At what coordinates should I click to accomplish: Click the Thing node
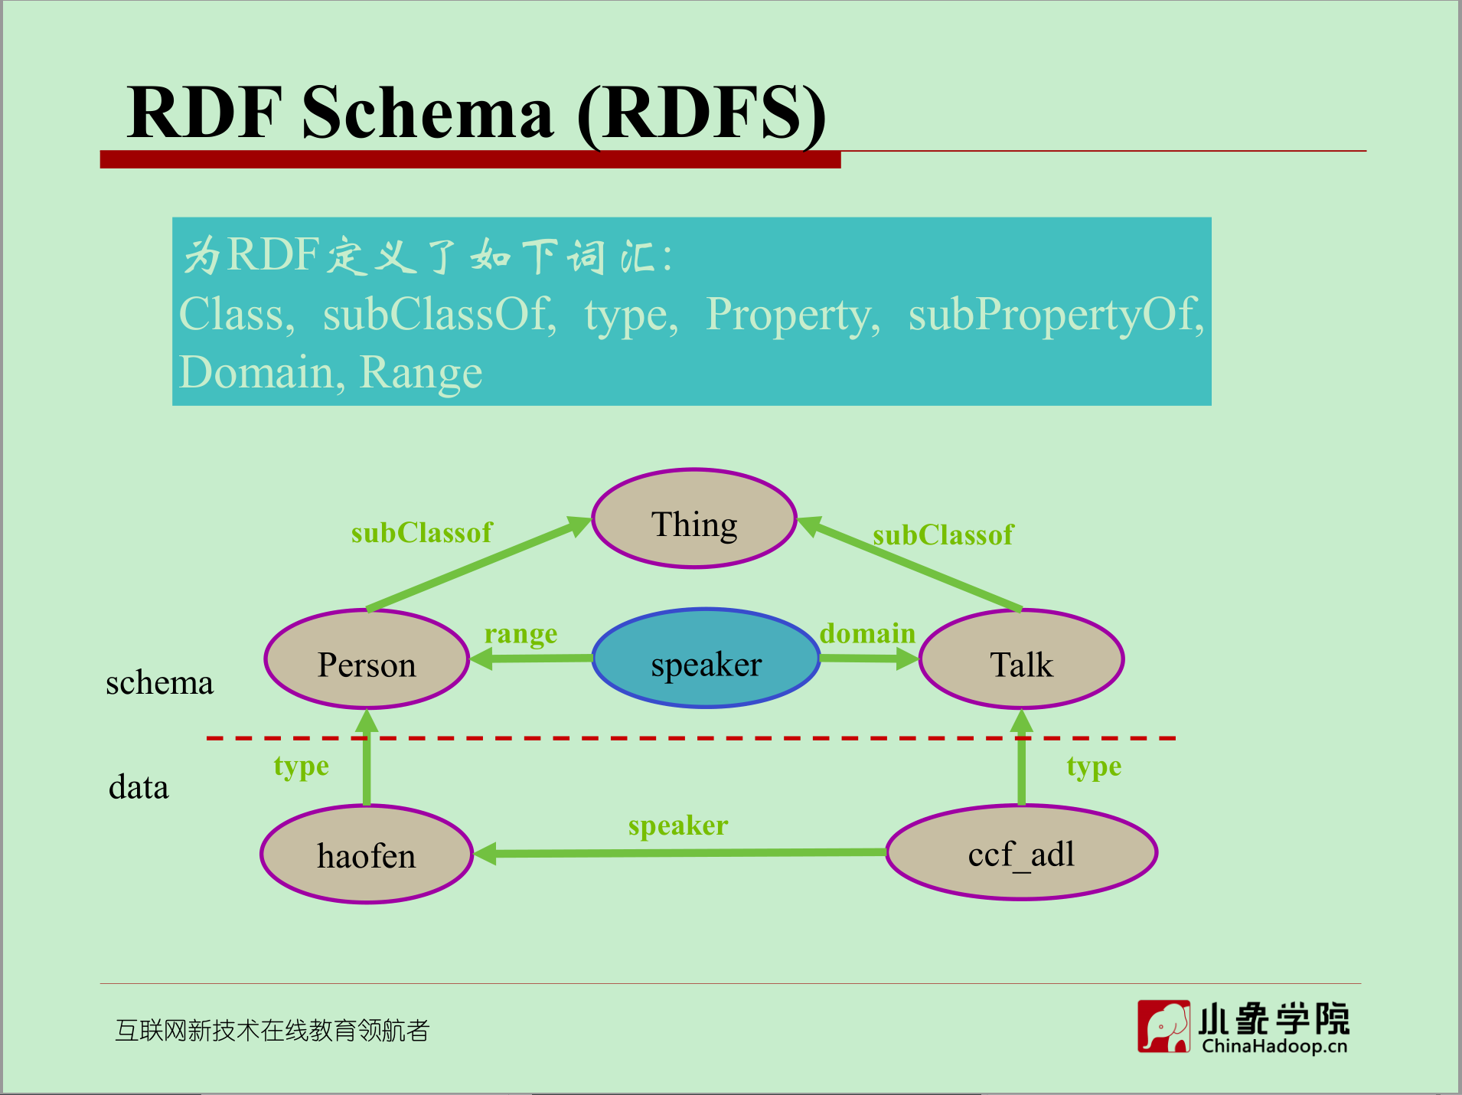click(694, 519)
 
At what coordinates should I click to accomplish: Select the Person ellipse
click(367, 659)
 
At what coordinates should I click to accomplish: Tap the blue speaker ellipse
click(706, 659)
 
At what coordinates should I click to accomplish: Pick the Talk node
click(1021, 659)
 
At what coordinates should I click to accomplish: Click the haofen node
click(367, 854)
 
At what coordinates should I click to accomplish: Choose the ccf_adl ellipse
click(1021, 852)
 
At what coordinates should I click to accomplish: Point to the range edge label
click(521, 634)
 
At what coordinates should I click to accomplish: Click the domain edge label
click(867, 633)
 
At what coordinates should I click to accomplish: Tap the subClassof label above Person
click(422, 532)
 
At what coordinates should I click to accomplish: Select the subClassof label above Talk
click(943, 534)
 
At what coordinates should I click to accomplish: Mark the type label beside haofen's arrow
click(302, 766)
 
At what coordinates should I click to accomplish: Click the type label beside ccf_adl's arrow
click(1094, 766)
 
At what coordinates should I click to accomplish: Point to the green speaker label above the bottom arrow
click(678, 825)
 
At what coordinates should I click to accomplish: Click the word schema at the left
click(159, 682)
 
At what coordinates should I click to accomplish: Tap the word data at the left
click(139, 786)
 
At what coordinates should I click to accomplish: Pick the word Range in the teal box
click(421, 373)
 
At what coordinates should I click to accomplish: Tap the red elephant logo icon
click(1163, 1026)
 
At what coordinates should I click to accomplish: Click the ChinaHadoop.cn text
click(1274, 1046)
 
